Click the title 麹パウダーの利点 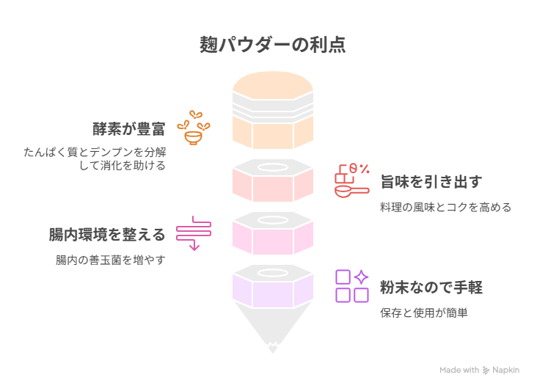[273, 45]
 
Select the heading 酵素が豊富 [129, 129]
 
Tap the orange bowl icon [194, 128]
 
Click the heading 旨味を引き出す [431, 181]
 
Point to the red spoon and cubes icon [351, 180]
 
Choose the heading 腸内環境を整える [107, 235]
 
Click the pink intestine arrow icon [194, 233]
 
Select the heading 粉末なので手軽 [431, 288]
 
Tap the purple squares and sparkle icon [351, 286]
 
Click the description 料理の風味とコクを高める [445, 207]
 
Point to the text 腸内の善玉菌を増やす [111, 260]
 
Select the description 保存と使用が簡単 [423, 313]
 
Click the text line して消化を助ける [123, 166]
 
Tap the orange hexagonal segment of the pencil [273, 132]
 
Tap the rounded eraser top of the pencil [273, 84]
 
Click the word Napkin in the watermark [506, 370]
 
